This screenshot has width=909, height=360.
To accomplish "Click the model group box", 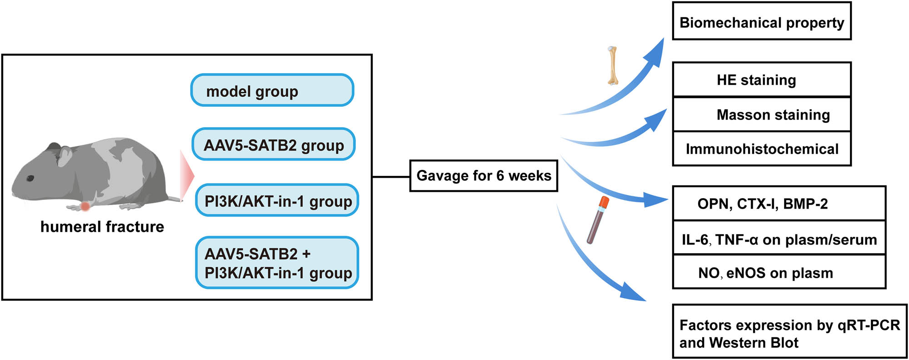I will (272, 90).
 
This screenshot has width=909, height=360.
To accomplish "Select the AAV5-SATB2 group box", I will (273, 145).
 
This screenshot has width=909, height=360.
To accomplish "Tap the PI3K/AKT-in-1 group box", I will (277, 200).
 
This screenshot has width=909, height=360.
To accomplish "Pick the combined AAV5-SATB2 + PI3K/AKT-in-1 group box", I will (277, 263).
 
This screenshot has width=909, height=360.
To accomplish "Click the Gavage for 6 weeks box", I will (483, 175).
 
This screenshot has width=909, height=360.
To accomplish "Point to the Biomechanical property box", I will (761, 21).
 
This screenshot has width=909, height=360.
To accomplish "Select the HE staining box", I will (761, 80).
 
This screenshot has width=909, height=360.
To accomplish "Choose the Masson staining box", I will (761, 114).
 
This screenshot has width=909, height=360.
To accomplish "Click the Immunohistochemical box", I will (761, 149).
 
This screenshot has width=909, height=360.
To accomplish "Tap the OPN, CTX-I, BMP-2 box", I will (779, 203).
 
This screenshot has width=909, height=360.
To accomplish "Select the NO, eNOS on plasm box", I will (779, 272).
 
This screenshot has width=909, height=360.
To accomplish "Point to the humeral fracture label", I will (102, 226).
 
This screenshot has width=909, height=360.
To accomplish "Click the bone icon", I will (613, 65).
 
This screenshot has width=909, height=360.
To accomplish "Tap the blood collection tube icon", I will (597, 220).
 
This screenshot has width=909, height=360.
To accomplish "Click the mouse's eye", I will (30, 178).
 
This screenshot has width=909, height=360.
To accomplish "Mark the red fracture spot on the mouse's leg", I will (85, 207).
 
